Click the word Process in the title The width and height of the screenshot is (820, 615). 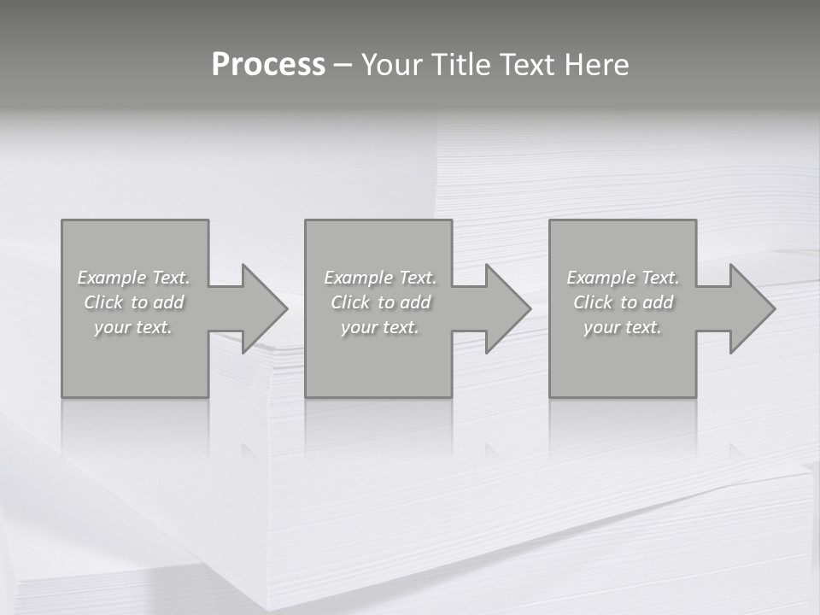tap(268, 65)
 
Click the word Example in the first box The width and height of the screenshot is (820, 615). tap(112, 278)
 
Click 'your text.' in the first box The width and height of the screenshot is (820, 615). tap(133, 327)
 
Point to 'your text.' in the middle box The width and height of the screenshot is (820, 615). tap(380, 327)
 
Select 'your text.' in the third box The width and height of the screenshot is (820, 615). tap(623, 327)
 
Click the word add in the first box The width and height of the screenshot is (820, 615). tap(168, 302)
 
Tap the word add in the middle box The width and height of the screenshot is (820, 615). tap(415, 302)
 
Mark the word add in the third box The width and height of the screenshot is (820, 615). tap(658, 302)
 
